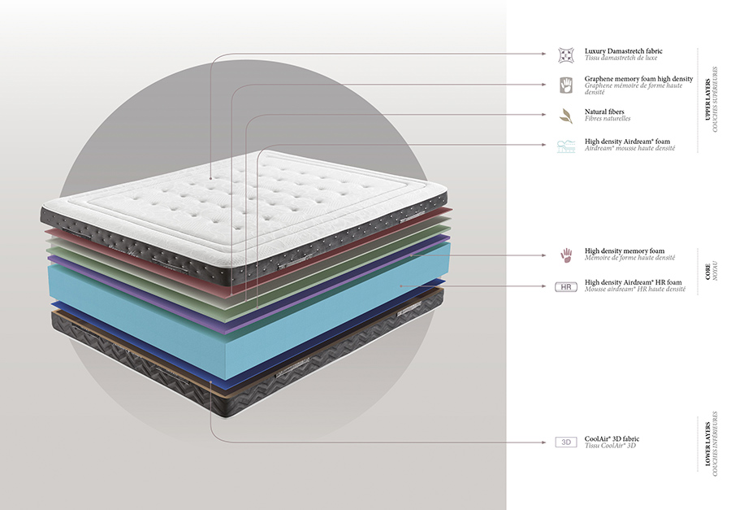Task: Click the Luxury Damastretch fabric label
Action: click(623, 50)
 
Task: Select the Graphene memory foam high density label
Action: click(638, 79)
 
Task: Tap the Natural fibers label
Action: click(604, 111)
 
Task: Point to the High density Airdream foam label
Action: click(627, 141)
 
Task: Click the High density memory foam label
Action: click(625, 251)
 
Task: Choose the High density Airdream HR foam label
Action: click(633, 282)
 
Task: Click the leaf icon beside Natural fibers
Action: click(565, 116)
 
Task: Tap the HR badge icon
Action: click(565, 286)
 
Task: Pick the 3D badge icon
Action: click(565, 442)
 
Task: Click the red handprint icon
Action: click(565, 255)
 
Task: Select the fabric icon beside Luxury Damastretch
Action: click(565, 54)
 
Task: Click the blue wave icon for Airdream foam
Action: click(565, 146)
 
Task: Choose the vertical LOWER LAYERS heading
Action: click(707, 444)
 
